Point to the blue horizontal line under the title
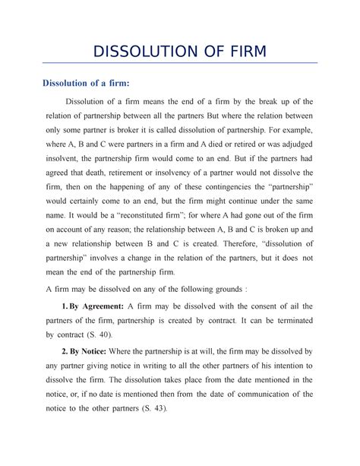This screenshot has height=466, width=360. coord(179,63)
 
